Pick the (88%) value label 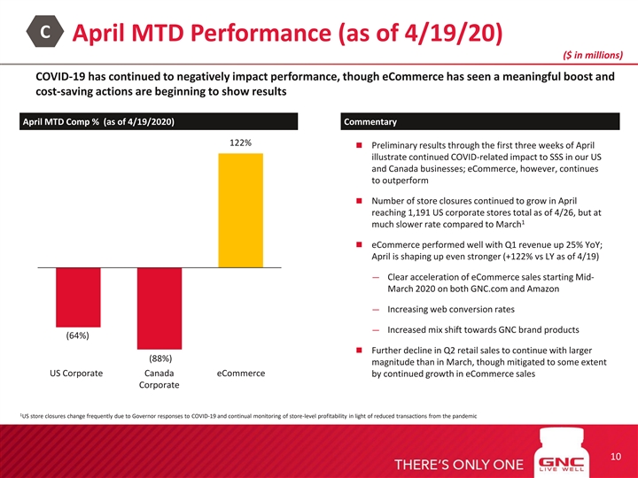(159, 358)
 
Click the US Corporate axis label (78, 374)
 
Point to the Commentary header (370, 121)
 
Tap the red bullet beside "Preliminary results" (352, 146)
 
